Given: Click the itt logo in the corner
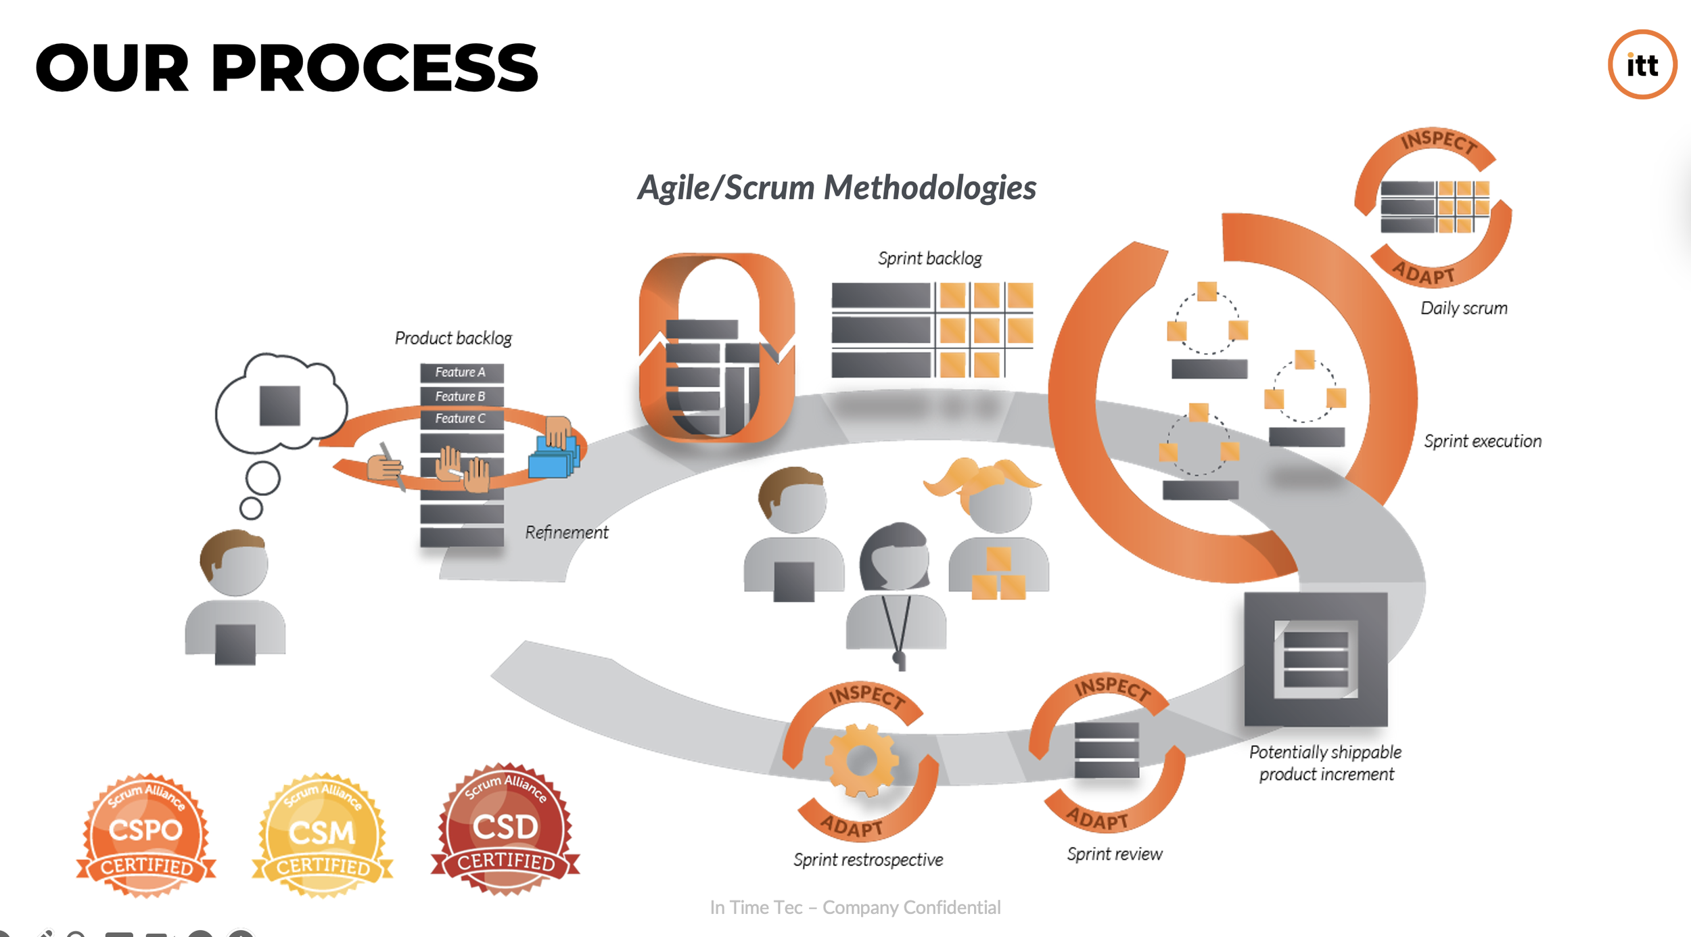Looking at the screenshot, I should click(1642, 65).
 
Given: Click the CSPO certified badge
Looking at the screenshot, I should click(146, 836).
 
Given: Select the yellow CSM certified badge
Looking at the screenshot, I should click(323, 836).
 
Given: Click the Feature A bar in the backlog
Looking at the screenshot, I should click(461, 373).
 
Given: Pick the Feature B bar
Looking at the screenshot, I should click(461, 396).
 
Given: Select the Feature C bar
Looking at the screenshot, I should click(461, 419).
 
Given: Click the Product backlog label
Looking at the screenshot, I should click(453, 338).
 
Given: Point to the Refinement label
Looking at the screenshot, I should click(567, 533).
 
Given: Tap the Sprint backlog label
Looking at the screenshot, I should click(929, 258).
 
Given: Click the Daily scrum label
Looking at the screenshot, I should click(1464, 308).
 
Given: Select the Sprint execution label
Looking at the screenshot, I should click(1483, 442).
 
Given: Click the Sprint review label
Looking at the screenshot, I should click(1115, 854).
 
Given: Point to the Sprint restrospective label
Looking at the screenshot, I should click(868, 860).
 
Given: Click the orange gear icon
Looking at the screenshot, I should click(861, 760).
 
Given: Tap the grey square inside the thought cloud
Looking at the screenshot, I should click(280, 406).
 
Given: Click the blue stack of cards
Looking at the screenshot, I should click(553, 459).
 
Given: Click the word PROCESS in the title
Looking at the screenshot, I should click(375, 68).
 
